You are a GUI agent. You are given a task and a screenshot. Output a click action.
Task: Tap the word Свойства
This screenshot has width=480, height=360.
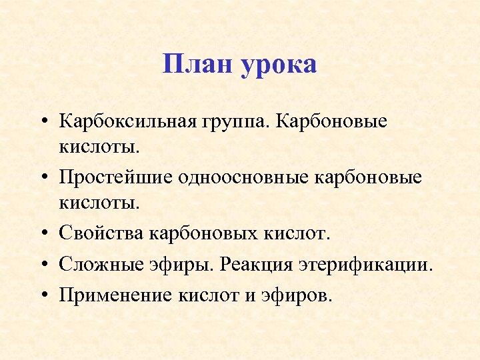(101, 235)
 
